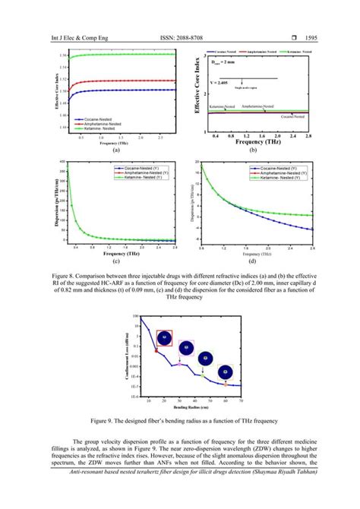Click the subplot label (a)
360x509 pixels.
point(116,150)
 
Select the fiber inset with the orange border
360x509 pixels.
point(224,372)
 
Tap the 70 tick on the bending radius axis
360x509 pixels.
point(241,400)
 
